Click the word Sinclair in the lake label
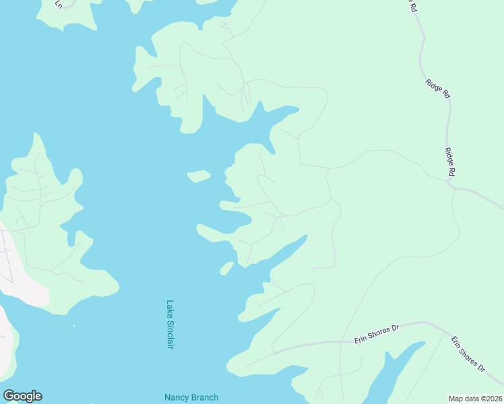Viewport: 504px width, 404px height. pos(170,334)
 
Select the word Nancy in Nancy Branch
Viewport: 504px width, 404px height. pos(177,398)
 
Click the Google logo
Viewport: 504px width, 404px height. pos(22,396)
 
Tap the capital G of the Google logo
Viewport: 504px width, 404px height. pos(9,396)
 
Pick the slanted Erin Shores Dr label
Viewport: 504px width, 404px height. pos(468,355)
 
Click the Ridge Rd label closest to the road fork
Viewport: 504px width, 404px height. pos(450,163)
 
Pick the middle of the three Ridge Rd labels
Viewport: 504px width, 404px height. pos(437,88)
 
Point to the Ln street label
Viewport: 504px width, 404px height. pos(59,4)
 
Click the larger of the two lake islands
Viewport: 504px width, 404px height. pos(199,176)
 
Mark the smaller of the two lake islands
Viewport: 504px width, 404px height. pos(226,269)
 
